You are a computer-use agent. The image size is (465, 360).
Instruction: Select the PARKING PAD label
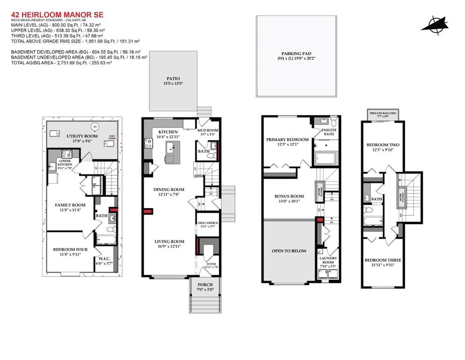pyautogui.click(x=296, y=53)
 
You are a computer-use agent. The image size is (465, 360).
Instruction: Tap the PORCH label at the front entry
pyautogui.click(x=205, y=285)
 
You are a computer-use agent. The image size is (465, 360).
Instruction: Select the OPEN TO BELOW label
pyautogui.click(x=289, y=251)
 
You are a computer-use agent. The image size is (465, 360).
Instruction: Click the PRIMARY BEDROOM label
pyautogui.click(x=287, y=139)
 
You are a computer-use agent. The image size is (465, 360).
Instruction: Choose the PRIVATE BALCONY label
pyautogui.click(x=383, y=113)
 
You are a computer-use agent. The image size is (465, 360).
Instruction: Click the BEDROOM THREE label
pyautogui.click(x=383, y=260)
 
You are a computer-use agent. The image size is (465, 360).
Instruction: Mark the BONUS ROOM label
pyautogui.click(x=288, y=196)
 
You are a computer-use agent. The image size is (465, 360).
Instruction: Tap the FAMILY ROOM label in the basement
pyautogui.click(x=70, y=205)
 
